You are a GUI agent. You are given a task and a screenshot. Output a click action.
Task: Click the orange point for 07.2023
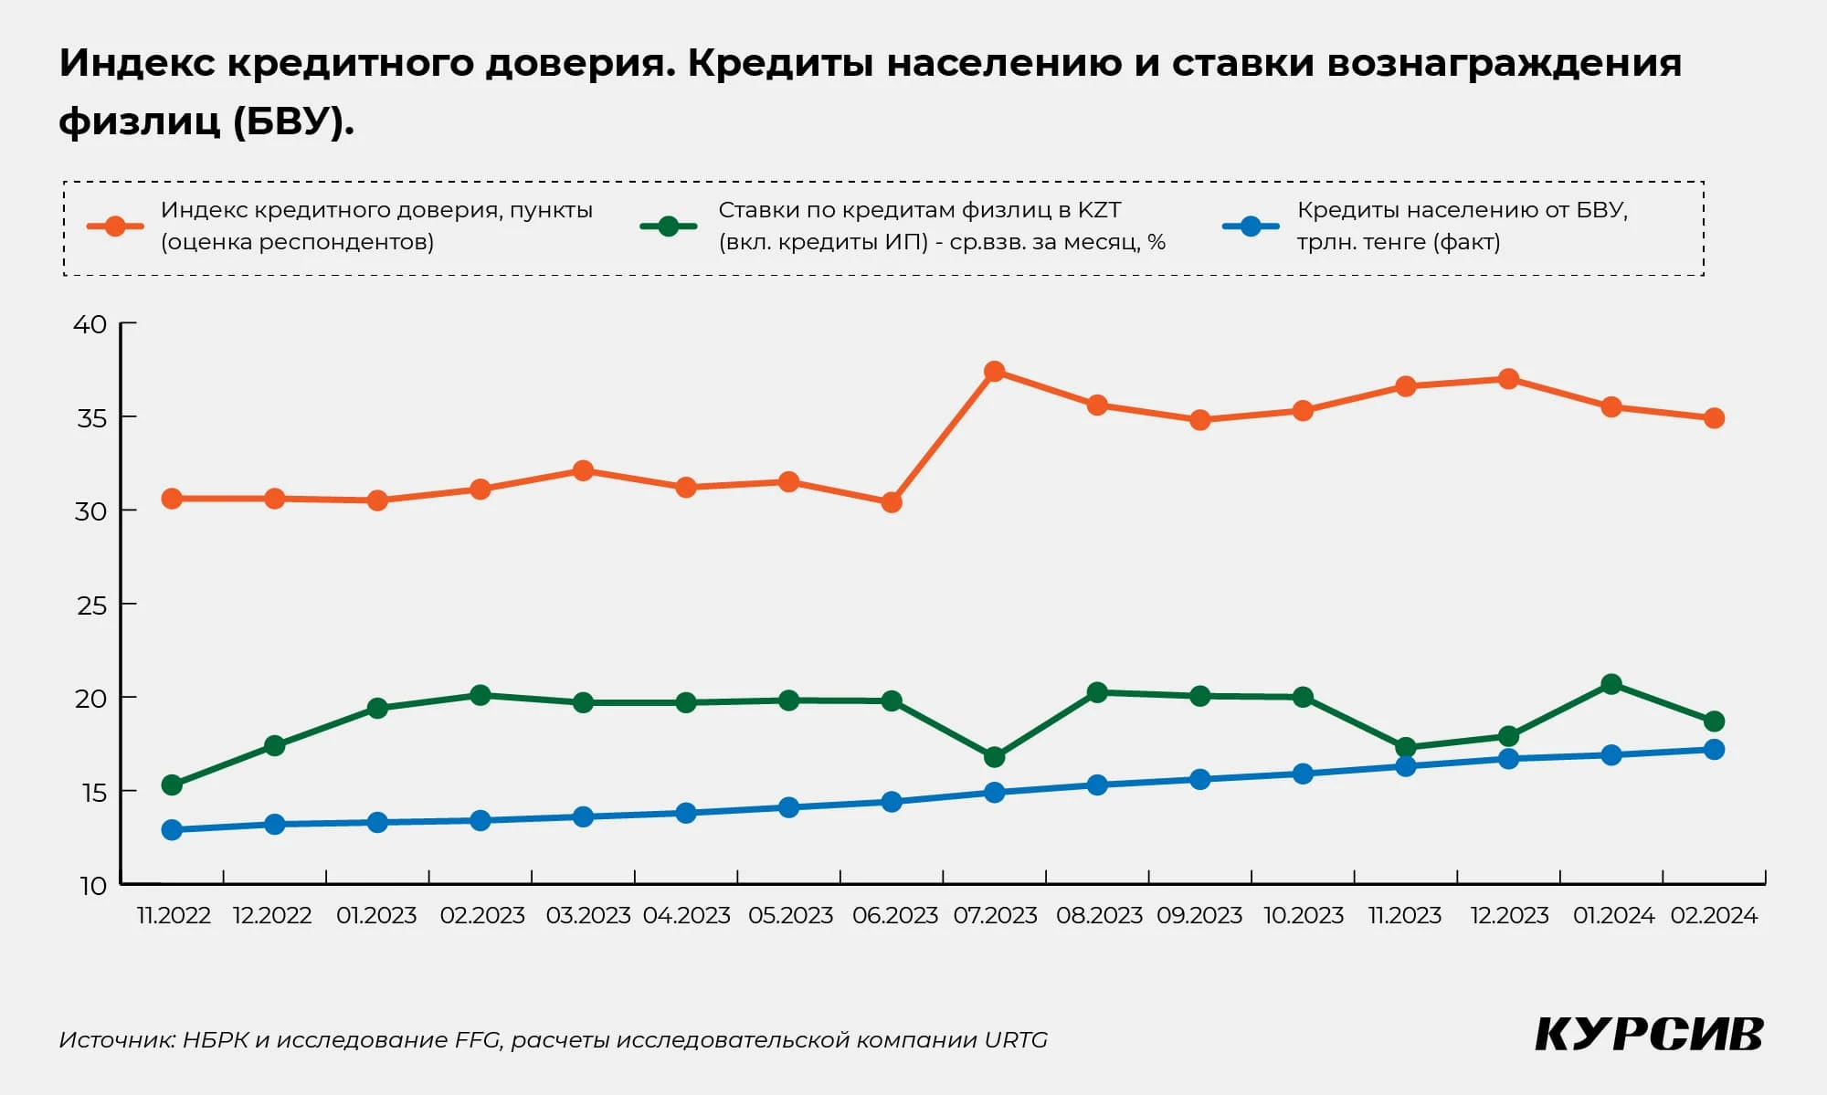tap(995, 372)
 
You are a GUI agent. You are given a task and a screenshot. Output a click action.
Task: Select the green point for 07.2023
tap(995, 757)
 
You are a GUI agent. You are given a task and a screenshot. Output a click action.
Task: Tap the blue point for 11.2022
tap(172, 830)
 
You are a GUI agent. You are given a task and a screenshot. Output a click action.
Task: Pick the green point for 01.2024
tap(1611, 684)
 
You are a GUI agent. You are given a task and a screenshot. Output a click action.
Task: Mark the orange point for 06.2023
tap(892, 502)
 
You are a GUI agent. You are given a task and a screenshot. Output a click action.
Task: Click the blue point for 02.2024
tap(1715, 750)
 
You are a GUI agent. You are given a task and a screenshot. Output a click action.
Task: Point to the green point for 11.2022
tap(172, 784)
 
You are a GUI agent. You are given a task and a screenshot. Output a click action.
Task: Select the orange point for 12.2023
tap(1509, 379)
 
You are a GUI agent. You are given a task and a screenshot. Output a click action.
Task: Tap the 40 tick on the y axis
tap(128, 323)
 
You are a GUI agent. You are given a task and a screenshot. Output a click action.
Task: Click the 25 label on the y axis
tap(91, 605)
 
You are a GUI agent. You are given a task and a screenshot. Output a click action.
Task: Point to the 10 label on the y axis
tap(93, 886)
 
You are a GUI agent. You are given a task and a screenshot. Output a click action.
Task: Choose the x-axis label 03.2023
tap(587, 915)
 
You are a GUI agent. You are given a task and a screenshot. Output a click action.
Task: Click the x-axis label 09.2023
tap(1199, 915)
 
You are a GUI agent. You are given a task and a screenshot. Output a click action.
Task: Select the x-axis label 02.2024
tap(1714, 915)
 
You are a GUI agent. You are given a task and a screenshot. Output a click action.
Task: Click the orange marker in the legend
tap(115, 226)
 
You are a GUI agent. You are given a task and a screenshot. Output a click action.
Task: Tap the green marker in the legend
tap(669, 226)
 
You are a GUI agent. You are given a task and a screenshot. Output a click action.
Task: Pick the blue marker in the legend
tap(1251, 226)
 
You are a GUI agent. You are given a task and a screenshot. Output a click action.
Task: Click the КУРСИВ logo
tap(1649, 1035)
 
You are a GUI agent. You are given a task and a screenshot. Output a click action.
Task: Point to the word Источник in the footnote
tap(116, 1040)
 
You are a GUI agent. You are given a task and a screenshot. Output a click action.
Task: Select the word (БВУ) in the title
tap(292, 121)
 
